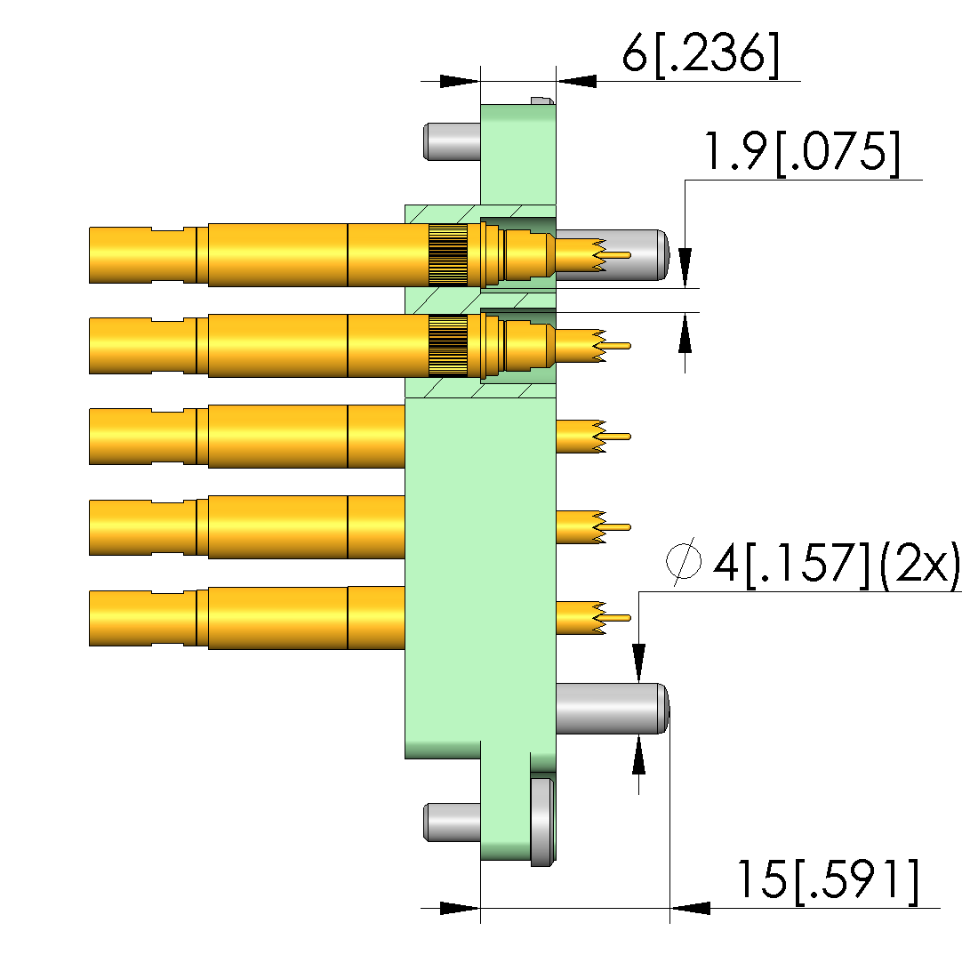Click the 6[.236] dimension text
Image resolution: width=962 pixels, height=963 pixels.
pos(701,54)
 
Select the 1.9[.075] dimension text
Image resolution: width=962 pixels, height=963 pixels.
pos(802,152)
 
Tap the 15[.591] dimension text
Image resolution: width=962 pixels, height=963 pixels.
pos(828,881)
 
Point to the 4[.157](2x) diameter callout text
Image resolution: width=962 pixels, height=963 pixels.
pos(836,564)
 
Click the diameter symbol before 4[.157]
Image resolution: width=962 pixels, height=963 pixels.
pos(684,561)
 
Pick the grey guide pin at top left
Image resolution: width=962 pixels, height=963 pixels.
pos(452,141)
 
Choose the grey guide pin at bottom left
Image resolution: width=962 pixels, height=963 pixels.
pos(452,823)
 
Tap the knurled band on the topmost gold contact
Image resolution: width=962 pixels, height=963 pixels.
pos(448,255)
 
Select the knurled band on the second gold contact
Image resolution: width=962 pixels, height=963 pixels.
pos(448,345)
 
